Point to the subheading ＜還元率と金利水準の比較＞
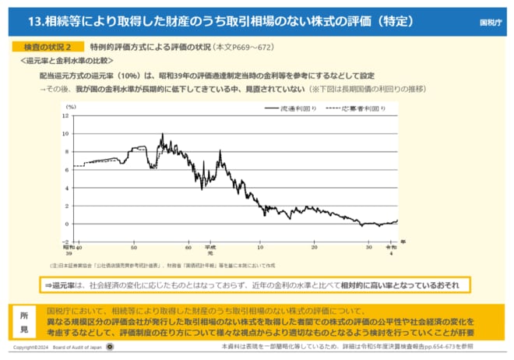click(67, 61)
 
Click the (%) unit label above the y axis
click(71, 106)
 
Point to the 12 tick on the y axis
click(66, 115)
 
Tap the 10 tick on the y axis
click(66, 133)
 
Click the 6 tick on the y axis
click(67, 169)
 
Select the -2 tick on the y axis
click(65, 242)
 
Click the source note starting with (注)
click(148, 264)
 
